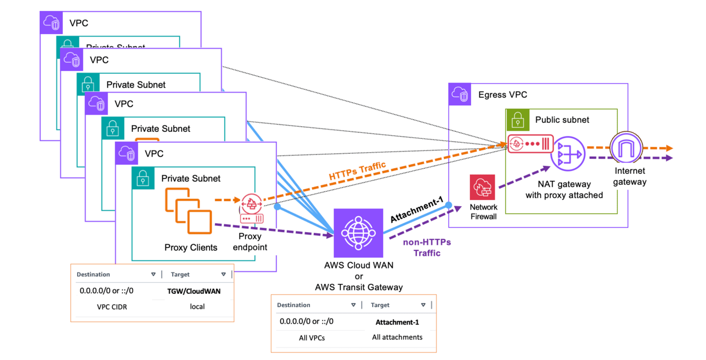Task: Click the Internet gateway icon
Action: (627, 149)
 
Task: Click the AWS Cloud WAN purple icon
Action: (359, 234)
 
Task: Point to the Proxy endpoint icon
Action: (252, 207)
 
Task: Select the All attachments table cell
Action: (397, 337)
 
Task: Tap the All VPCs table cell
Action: (312, 337)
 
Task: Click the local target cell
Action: (197, 307)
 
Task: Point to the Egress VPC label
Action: (502, 94)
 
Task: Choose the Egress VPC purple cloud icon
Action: (460, 94)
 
